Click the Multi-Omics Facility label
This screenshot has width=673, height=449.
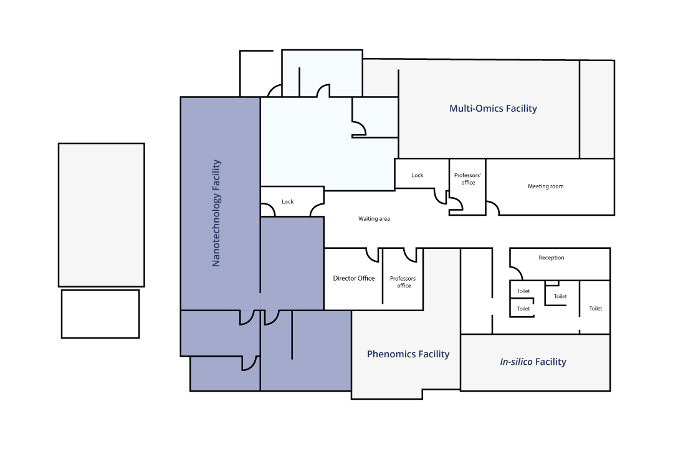[493, 109]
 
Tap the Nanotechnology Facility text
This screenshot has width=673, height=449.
[216, 213]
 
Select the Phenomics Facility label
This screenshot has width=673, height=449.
[408, 354]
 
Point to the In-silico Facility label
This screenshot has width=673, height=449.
[533, 362]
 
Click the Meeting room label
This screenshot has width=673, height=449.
[545, 186]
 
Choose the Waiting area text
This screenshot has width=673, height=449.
[375, 219]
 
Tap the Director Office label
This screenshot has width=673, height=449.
[354, 278]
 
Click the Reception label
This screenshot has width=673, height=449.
[551, 258]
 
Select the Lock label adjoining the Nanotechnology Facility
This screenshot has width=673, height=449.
[287, 201]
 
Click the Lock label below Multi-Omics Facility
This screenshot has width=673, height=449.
[417, 175]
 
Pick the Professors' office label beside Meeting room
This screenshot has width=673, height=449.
[468, 179]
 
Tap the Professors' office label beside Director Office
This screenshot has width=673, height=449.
[403, 282]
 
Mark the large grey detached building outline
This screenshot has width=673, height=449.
[102, 215]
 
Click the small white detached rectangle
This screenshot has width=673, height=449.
[100, 314]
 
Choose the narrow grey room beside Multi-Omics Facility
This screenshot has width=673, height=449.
[597, 109]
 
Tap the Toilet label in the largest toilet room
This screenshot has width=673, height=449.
[595, 309]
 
